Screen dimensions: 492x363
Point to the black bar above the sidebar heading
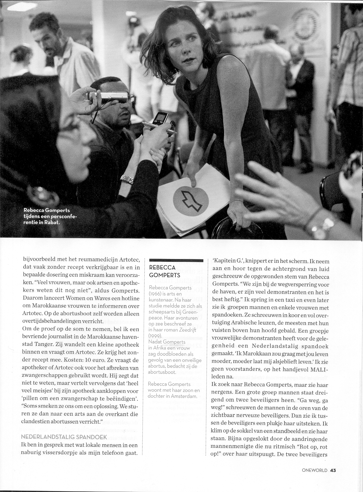click(177, 261)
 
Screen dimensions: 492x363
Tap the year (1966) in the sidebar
click(157, 293)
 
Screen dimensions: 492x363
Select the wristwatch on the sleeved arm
click(127, 180)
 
